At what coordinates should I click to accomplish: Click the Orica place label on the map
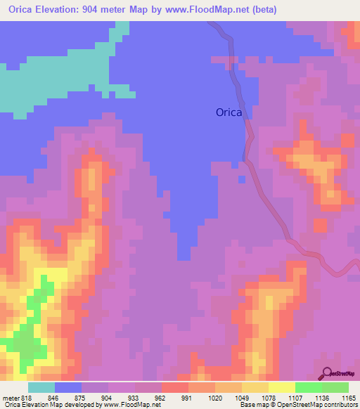click(x=229, y=112)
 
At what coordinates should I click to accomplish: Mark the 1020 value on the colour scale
click(x=215, y=397)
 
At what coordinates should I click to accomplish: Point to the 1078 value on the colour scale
click(x=269, y=397)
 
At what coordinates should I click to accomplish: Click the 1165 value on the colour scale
click(x=349, y=397)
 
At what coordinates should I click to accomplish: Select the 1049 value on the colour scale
click(x=242, y=397)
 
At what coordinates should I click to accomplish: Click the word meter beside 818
click(x=11, y=397)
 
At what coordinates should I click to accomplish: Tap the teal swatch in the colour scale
click(x=41, y=387)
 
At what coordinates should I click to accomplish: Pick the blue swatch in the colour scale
click(x=68, y=387)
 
